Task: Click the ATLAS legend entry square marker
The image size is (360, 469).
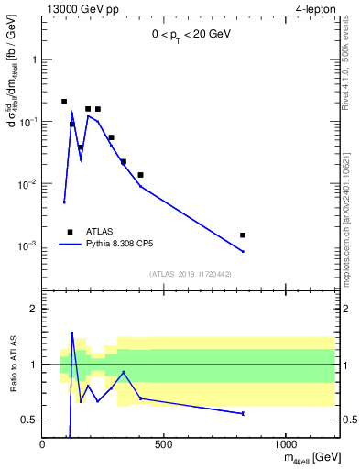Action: click(70, 233)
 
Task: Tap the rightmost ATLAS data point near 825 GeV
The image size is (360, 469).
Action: click(243, 235)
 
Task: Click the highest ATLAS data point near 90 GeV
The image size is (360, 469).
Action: click(64, 102)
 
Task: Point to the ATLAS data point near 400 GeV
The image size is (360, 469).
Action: click(140, 175)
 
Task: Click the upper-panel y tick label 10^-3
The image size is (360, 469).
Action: click(27, 245)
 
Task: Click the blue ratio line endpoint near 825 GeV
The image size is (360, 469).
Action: click(243, 413)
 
